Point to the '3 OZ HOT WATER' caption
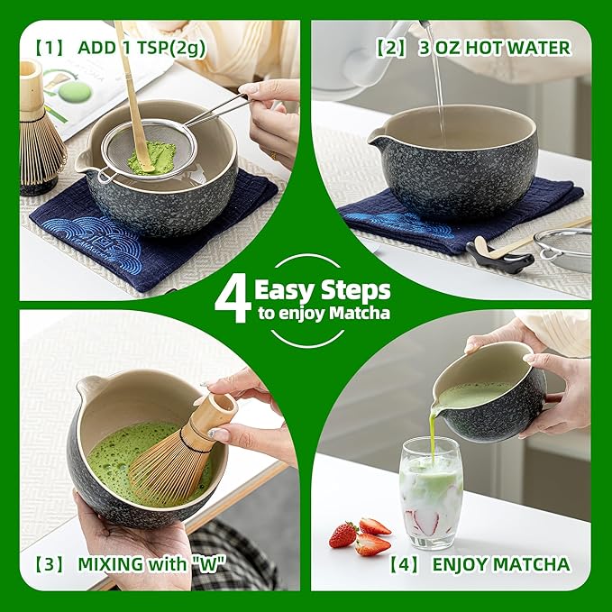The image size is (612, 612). tap(494, 47)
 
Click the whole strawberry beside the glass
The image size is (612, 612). tap(343, 534)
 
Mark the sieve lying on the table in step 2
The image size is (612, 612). tap(563, 248)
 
